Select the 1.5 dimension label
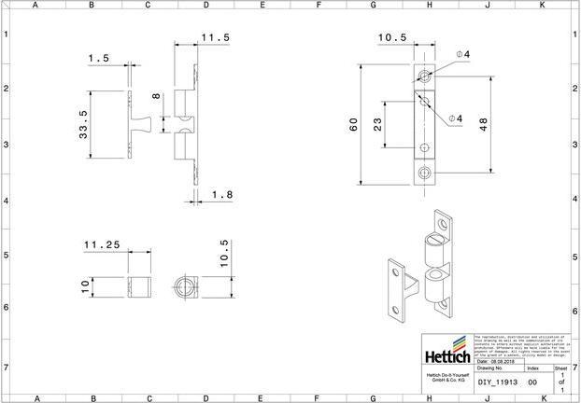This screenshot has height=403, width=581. click(x=99, y=59)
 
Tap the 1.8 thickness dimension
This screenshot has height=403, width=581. click(x=222, y=194)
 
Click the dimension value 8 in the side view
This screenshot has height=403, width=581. click(x=157, y=96)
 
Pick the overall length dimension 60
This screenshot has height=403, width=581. click(x=354, y=125)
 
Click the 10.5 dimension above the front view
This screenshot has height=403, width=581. click(x=391, y=38)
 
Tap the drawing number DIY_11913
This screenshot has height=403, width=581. click(x=498, y=382)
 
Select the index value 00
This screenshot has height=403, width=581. click(x=532, y=382)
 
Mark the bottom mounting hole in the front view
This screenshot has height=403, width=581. click(x=426, y=172)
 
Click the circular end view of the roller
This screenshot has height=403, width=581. click(x=183, y=284)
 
